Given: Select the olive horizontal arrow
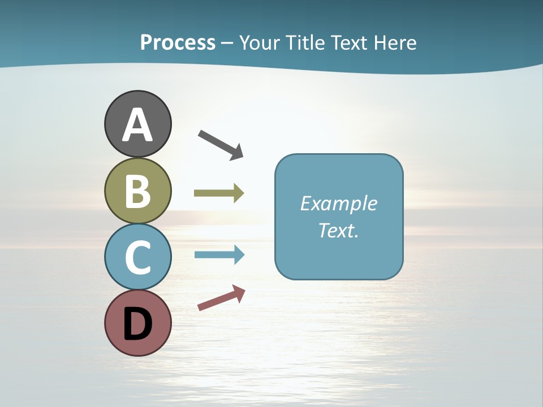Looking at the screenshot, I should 218,193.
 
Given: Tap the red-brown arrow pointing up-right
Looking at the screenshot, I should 221,298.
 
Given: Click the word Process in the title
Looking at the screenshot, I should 178,43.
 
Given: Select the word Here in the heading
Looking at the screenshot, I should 396,43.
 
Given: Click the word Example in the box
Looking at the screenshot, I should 338,203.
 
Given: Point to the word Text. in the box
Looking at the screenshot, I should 338,231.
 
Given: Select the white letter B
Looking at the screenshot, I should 137,192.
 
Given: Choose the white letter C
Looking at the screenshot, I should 137,257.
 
